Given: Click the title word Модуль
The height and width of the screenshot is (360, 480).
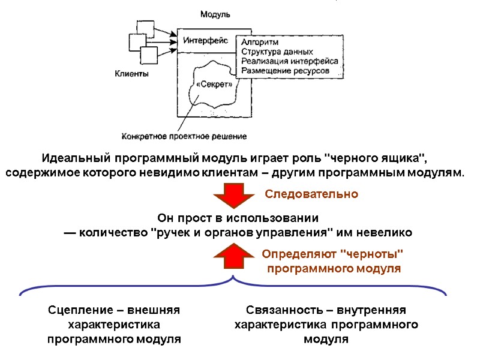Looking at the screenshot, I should tap(215, 14).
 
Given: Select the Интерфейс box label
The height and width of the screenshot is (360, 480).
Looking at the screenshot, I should tap(205, 41).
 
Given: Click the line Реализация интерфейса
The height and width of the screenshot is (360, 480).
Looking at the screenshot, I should tap(289, 61).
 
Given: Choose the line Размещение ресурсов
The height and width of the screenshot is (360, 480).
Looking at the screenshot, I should tap(285, 71).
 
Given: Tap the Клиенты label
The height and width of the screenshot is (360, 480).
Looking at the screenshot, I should tap(132, 74).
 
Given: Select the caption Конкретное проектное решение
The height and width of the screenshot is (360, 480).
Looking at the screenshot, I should tap(184, 136).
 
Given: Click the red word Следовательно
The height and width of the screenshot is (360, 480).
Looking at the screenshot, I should tap(311, 194).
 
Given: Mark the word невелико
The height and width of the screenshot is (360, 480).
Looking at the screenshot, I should tap(383, 232).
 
